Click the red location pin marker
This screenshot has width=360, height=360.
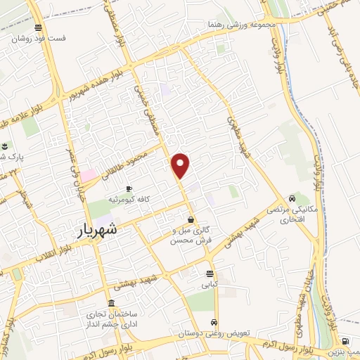coord(181,165)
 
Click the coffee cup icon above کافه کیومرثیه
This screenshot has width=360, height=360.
coord(129,188)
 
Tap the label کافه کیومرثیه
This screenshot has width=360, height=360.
coord(129,200)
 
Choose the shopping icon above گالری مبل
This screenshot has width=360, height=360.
coord(191,219)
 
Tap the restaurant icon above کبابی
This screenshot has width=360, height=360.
coord(210,274)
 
